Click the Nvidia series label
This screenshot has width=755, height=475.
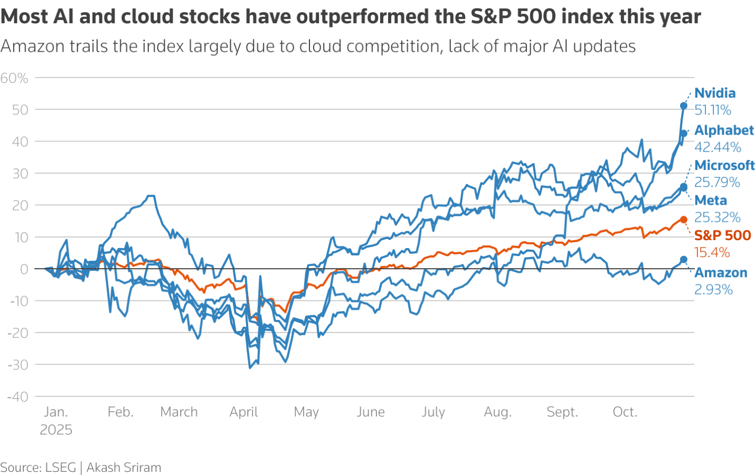(x=714, y=93)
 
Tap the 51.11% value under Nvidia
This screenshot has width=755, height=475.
(x=712, y=110)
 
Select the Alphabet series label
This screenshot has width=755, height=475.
(x=723, y=130)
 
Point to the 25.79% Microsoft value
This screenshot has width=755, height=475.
(x=716, y=183)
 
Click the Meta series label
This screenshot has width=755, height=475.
(x=710, y=201)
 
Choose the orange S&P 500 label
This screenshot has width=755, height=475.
(x=722, y=235)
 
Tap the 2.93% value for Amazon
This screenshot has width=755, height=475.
(x=713, y=290)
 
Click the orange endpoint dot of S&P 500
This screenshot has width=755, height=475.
(x=683, y=220)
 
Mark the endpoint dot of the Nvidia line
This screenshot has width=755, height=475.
(x=683, y=106)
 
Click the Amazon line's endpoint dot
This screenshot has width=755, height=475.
(x=683, y=260)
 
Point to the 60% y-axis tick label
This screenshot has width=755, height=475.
(x=14, y=78)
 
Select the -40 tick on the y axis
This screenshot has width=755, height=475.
(x=17, y=397)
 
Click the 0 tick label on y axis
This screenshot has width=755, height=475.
(x=24, y=269)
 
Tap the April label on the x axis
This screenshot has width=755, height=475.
(x=243, y=412)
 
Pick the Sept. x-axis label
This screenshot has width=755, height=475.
(x=562, y=412)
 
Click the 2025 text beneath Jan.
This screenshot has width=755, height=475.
(x=56, y=430)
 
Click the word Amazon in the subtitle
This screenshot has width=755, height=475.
(x=33, y=46)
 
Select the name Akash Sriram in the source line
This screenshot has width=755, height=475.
(x=124, y=468)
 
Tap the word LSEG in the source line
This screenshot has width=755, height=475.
(x=60, y=468)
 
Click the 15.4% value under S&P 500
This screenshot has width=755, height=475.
(x=711, y=253)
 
